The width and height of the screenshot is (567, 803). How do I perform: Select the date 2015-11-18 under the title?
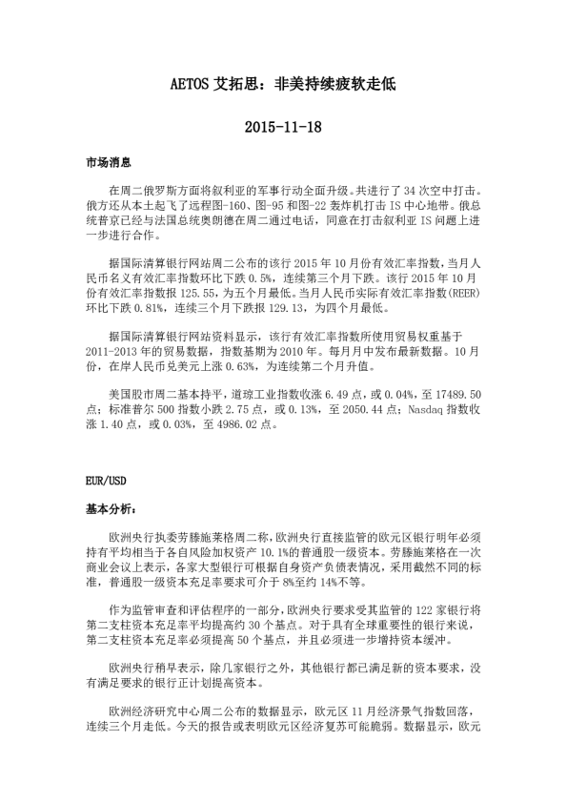tap(283, 126)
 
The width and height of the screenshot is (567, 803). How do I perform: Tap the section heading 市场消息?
tap(109, 164)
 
